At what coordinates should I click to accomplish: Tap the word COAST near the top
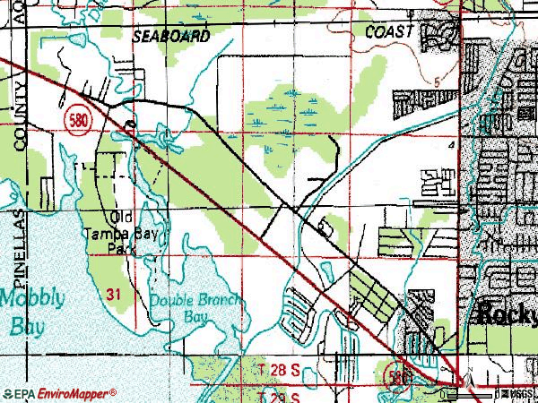(x=390, y=31)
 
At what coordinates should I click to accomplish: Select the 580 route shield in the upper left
(x=75, y=120)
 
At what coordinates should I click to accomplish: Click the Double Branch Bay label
(x=194, y=309)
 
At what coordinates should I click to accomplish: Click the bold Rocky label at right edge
(x=508, y=314)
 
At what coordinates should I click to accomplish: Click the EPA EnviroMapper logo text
(x=59, y=393)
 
